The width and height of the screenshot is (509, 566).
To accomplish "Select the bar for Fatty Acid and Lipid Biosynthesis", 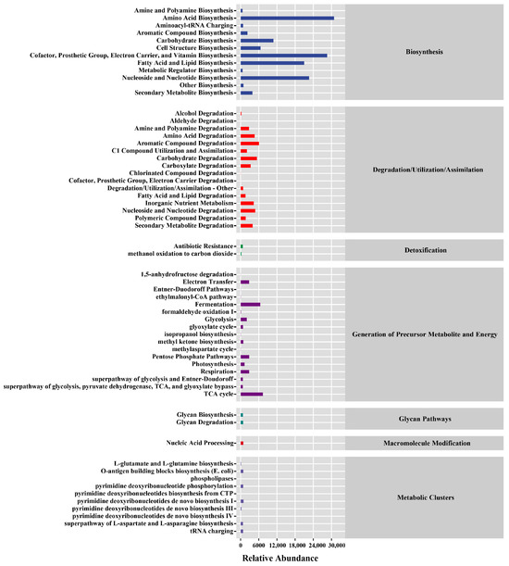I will [x=272, y=63].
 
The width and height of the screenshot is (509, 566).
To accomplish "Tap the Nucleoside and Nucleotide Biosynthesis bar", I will [x=275, y=78].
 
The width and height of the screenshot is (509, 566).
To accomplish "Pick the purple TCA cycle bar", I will [x=252, y=394].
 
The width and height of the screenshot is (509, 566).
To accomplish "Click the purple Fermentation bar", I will [x=250, y=304].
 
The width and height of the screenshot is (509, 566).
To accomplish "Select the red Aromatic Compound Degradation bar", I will [x=249, y=144].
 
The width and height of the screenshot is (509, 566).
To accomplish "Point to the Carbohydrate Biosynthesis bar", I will [x=256, y=41].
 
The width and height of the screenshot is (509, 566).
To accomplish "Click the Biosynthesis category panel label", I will [x=425, y=52].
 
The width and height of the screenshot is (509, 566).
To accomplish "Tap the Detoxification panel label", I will [x=425, y=250].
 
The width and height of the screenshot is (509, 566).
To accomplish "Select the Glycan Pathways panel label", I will [x=425, y=419].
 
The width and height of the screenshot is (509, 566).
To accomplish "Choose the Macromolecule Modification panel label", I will [x=425, y=444].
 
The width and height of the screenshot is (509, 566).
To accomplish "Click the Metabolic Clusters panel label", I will [x=425, y=497].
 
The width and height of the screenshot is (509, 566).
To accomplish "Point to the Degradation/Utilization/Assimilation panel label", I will [x=425, y=170].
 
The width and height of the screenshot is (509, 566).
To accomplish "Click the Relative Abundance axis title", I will [x=280, y=559].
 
